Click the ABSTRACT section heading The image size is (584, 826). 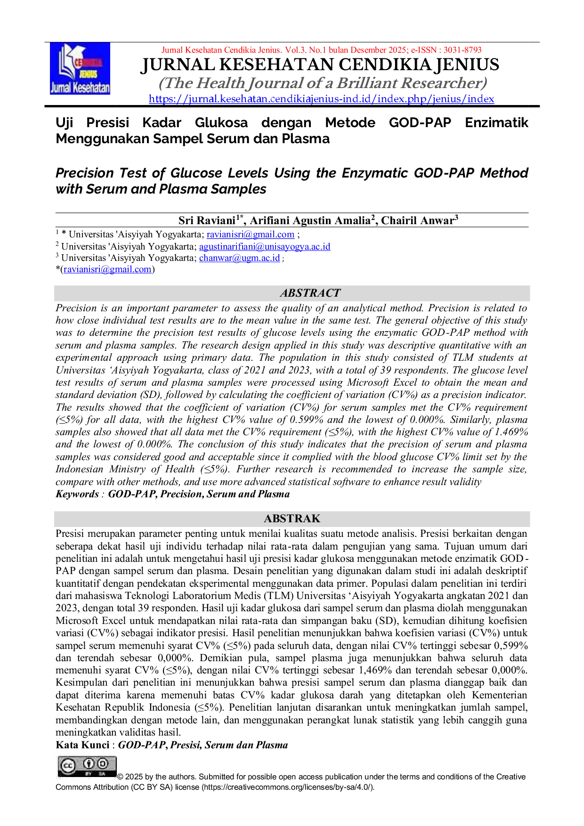pyautogui.click(x=310, y=293)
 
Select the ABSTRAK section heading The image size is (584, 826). pyautogui.click(x=292, y=518)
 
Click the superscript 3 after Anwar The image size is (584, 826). pyautogui.click(x=456, y=217)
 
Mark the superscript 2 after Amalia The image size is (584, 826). pyautogui.click(x=372, y=217)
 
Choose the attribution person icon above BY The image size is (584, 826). pyautogui.click(x=89, y=763)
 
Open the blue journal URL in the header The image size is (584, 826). pyautogui.click(x=322, y=99)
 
